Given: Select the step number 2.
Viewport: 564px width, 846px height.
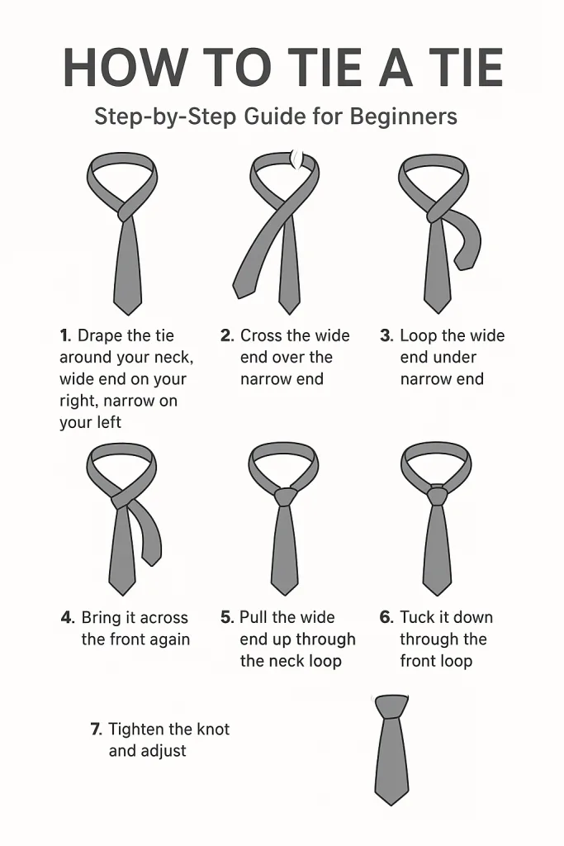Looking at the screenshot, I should (227, 336).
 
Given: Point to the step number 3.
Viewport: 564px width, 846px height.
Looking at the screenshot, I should (386, 336).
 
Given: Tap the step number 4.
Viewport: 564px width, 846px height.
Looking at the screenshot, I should (68, 618).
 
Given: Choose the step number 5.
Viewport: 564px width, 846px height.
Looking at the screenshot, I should (227, 618).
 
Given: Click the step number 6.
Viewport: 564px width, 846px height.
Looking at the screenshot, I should (386, 618).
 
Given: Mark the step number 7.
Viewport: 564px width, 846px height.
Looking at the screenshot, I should (96, 730).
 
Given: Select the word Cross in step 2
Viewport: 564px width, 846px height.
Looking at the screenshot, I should (263, 336).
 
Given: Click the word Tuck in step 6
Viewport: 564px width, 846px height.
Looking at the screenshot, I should (417, 618).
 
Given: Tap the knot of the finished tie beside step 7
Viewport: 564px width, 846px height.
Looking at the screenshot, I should (391, 707).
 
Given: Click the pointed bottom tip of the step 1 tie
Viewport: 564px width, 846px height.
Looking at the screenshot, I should (127, 311).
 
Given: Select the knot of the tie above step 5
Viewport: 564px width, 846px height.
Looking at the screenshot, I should (285, 497).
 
